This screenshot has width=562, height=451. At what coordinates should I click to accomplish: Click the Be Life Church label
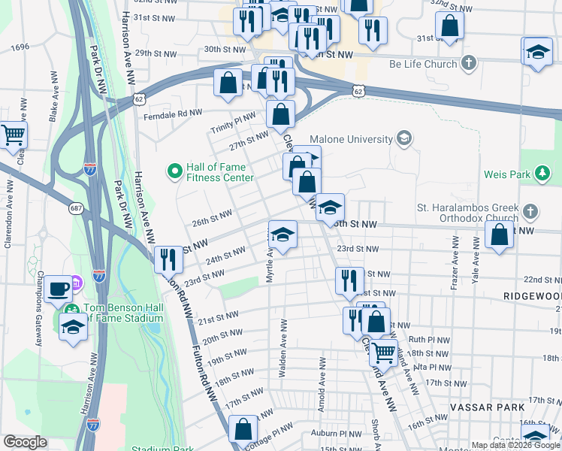(418, 64)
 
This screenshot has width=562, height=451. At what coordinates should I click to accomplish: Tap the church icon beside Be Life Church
(469, 63)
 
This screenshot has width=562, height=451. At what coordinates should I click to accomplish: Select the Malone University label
(352, 139)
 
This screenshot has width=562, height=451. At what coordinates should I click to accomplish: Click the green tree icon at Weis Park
(542, 174)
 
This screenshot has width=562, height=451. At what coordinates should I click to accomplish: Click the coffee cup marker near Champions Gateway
(59, 289)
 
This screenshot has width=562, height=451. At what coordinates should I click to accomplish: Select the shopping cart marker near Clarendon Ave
(14, 135)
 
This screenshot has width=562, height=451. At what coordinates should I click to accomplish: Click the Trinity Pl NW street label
(233, 124)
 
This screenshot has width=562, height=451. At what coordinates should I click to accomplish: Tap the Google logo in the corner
(25, 442)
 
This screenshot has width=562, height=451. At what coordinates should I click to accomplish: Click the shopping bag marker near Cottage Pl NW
(243, 431)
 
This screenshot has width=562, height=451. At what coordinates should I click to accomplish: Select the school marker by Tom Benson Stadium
(72, 327)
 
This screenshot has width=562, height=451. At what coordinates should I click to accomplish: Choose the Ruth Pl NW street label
(428, 339)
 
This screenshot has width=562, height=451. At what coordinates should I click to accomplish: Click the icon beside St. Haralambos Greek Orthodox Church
(530, 210)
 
